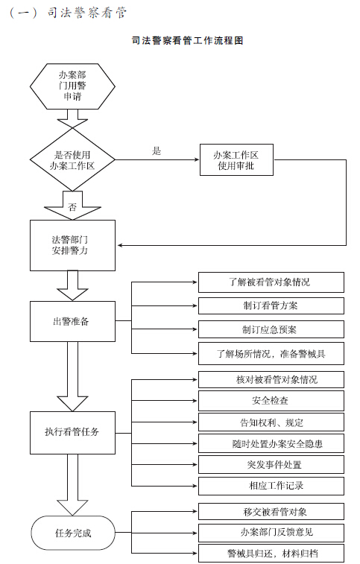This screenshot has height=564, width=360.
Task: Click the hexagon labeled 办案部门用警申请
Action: [72, 86]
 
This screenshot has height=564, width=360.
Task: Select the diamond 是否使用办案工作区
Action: [72, 159]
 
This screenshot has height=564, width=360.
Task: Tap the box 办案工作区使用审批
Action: [236, 160]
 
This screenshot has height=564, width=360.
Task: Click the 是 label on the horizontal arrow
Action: [157, 151]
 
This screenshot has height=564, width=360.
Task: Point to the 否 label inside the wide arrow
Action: [72, 207]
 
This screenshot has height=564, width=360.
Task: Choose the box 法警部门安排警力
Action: [72, 245]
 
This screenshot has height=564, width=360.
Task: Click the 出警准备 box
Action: [72, 321]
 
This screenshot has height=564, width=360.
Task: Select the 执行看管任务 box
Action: [72, 433]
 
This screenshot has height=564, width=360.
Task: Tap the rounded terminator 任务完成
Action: [73, 533]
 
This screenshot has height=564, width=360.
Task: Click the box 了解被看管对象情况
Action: [271, 282]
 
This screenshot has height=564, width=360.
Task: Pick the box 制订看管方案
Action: [271, 306]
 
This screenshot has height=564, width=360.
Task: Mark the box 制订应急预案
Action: [271, 329]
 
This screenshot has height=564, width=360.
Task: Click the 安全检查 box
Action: [271, 401]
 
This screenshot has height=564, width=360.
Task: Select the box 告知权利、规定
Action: [271, 422]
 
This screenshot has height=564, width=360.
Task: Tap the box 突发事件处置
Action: [271, 465]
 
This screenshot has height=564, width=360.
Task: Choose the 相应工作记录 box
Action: [271, 486]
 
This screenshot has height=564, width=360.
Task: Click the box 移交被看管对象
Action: [271, 512]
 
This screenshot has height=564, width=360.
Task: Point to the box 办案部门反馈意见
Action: [271, 533]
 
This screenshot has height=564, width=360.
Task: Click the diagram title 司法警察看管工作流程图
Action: [188, 40]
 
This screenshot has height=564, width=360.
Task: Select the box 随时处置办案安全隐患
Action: [271, 443]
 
